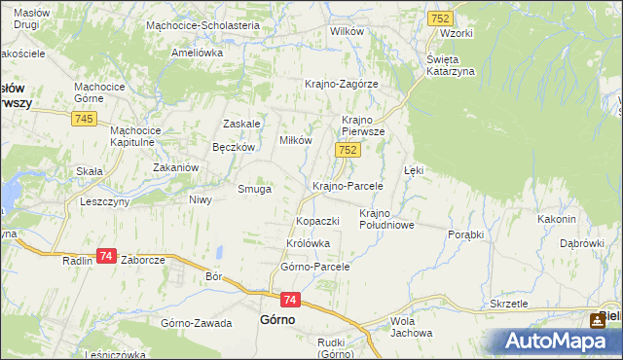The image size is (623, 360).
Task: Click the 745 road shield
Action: click(83, 119)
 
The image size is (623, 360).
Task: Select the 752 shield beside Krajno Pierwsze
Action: click(349, 150)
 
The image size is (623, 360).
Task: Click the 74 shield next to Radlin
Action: click(107, 256)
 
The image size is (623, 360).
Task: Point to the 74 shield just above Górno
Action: click(291, 301)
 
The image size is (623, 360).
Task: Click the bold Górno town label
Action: click(277, 319)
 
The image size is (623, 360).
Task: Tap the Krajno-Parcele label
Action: click(348, 185)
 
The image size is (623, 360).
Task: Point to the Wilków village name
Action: click(347, 31)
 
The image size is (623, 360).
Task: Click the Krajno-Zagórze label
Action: click(342, 84)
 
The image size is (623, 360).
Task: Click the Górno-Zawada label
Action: click(197, 322)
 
